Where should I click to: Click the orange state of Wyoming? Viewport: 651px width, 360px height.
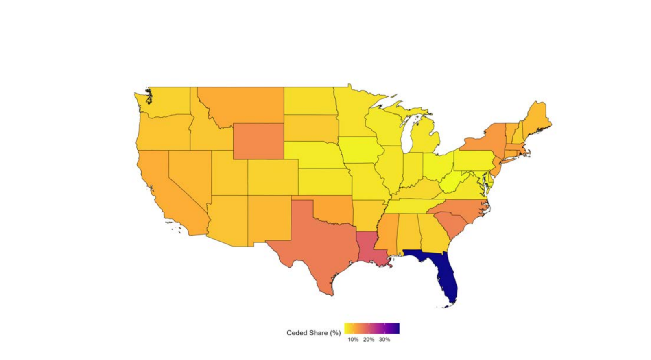[258, 141]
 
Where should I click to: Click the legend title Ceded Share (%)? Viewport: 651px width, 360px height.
[313, 333]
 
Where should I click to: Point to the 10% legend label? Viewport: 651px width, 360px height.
[353, 340]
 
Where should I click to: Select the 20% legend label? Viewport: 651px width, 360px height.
[369, 340]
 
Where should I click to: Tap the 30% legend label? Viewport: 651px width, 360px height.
[384, 340]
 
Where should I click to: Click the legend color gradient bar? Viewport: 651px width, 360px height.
[372, 328]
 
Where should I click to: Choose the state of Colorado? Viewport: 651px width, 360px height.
[273, 177]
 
